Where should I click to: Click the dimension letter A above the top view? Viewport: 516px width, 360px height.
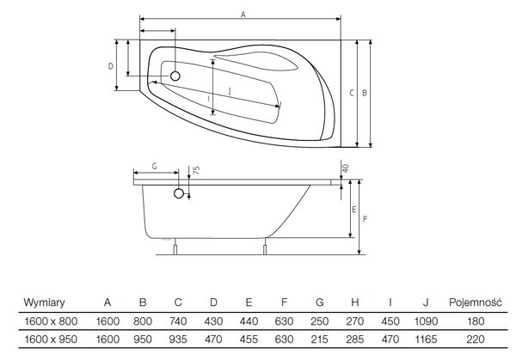243,15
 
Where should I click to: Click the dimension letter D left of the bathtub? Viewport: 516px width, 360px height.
111,66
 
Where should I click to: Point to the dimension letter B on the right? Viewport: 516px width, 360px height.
365,93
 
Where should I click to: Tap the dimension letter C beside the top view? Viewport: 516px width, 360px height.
352,93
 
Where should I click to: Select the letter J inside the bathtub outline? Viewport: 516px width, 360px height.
230,91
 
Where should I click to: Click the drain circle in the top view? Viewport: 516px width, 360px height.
175,76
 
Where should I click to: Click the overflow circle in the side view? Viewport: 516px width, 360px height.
179,193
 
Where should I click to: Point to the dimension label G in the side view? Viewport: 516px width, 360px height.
154,167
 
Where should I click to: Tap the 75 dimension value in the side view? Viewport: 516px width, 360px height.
196,170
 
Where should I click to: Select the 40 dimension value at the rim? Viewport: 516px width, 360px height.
345,168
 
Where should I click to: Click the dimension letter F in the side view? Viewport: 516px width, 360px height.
365,218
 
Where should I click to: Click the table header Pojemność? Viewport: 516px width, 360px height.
476,302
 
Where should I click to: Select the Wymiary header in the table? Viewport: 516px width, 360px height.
44,302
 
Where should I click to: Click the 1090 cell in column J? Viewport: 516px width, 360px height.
426,320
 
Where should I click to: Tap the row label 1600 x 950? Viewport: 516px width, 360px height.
51,339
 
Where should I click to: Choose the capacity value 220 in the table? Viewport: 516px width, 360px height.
476,339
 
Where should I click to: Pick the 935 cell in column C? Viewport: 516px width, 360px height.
178,339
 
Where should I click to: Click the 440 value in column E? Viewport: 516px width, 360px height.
249,320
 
